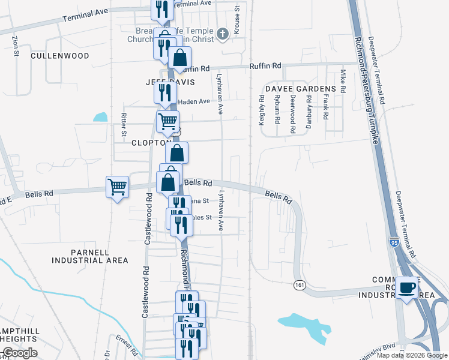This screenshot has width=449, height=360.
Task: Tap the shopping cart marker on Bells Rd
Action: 117,186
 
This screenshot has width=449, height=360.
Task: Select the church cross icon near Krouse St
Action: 223,34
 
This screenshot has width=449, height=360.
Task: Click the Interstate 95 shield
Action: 394,242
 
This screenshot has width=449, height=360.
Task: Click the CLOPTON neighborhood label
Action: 148,143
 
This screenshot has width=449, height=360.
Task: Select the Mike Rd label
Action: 343,81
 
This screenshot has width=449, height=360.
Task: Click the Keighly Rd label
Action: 262,113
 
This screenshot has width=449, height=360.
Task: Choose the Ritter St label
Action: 124,123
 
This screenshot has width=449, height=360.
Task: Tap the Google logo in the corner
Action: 20,353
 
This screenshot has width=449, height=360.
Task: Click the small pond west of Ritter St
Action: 100,118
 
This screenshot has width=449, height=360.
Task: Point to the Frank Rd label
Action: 326,106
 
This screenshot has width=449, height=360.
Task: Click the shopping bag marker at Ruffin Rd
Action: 179,58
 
